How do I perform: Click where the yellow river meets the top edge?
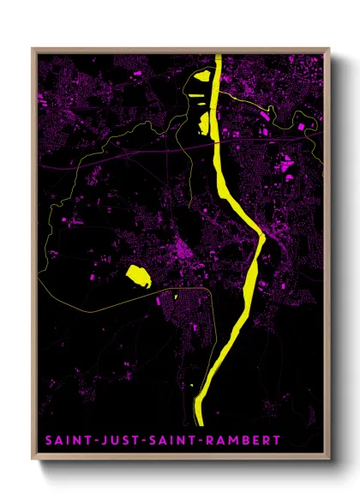(x=218, y=57)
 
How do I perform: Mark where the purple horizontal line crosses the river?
(x=217, y=143)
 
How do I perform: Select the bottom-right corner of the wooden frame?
(x=329, y=459)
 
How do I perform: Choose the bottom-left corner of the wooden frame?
(x=33, y=459)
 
